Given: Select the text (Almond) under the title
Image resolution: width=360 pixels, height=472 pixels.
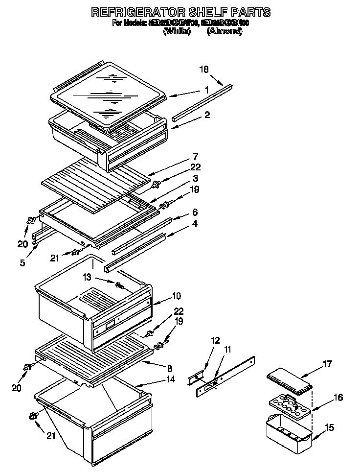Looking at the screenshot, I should pyautogui.click(x=224, y=30).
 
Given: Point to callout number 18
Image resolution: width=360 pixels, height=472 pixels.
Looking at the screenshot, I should pyautogui.click(x=204, y=70).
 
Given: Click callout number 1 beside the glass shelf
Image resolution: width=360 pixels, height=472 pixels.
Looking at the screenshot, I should pyautogui.click(x=207, y=90).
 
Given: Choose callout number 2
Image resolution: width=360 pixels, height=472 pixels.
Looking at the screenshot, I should pyautogui.click(x=207, y=115).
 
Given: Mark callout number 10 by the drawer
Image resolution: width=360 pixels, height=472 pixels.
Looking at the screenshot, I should pyautogui.click(x=176, y=296).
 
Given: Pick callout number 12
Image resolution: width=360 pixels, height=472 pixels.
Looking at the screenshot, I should pyautogui.click(x=216, y=340).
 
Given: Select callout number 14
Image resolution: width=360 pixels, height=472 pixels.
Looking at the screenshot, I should pyautogui.click(x=170, y=378).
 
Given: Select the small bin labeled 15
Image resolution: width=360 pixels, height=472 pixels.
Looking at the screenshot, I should pyautogui.click(x=289, y=431).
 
